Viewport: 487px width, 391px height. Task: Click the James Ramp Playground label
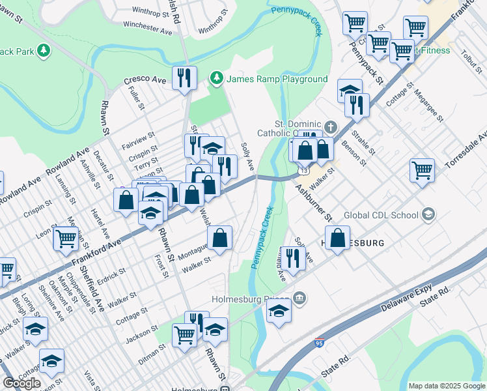pyautogui.click(x=277, y=80)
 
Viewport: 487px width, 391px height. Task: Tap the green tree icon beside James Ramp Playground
pyautogui.click(x=217, y=79)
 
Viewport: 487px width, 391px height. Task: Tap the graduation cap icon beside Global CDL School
pyautogui.click(x=428, y=214)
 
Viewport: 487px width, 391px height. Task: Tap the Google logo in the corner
pyautogui.click(x=21, y=383)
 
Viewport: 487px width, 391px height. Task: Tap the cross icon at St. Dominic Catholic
pyautogui.click(x=331, y=126)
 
